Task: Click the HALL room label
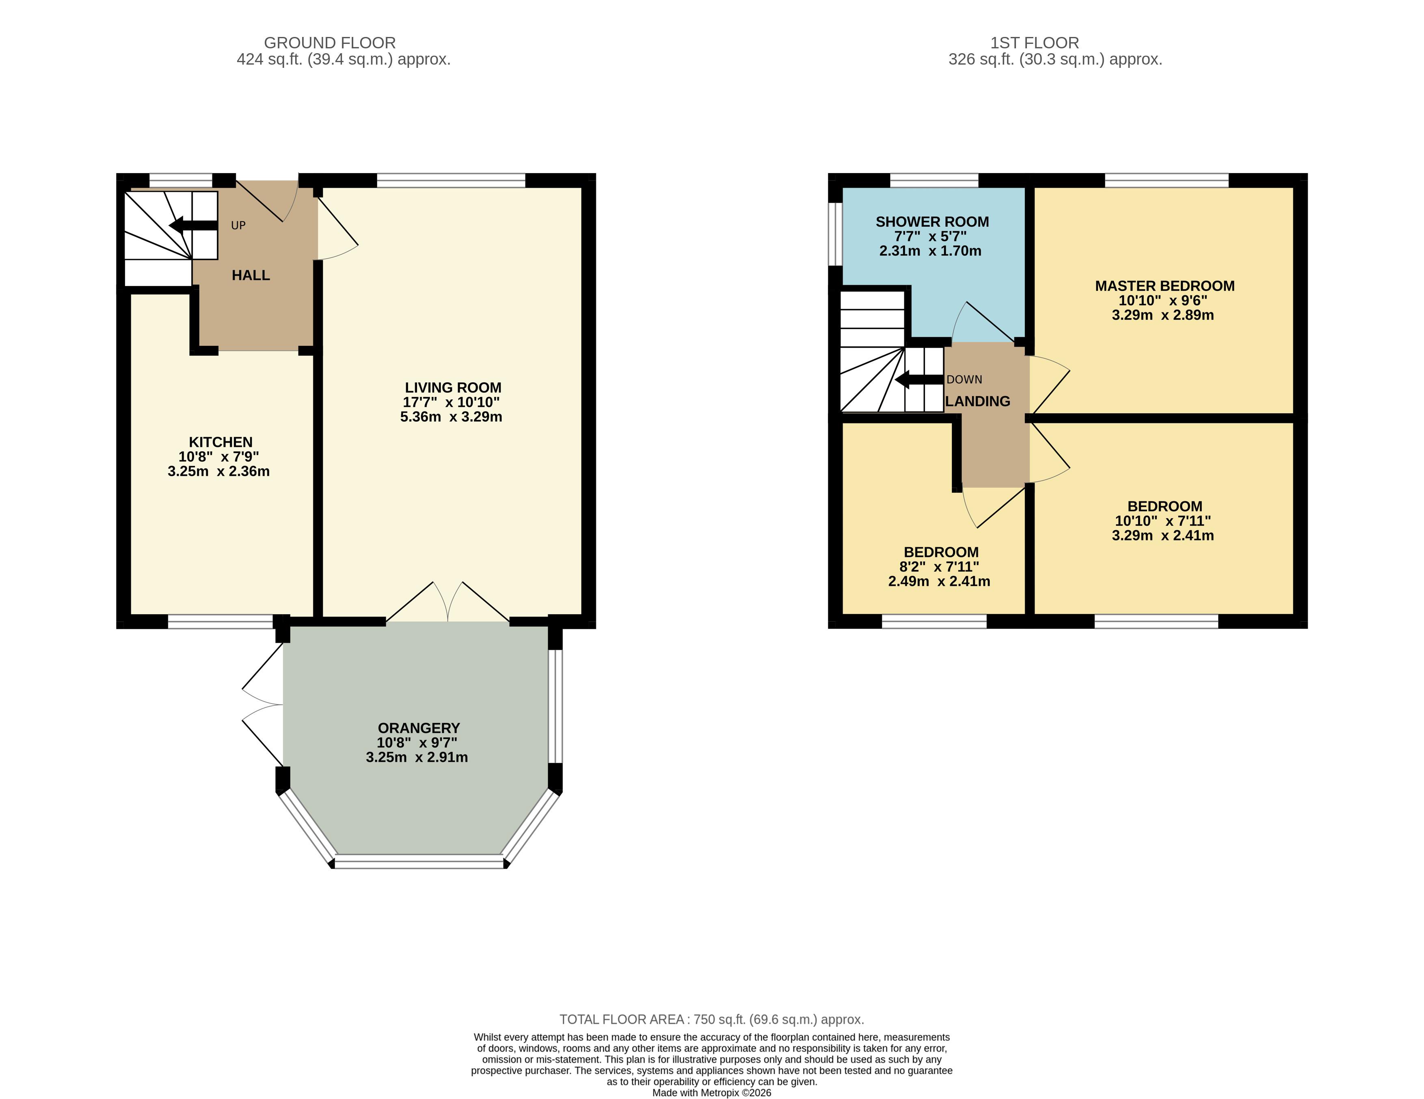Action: coord(251,275)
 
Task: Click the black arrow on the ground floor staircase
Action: coord(193,225)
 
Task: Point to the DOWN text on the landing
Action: coord(964,379)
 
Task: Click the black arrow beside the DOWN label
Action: coord(919,379)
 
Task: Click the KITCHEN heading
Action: coord(220,442)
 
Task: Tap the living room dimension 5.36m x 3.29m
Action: coord(451,417)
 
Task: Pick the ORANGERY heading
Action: coord(419,728)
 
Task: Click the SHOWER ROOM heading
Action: coord(932,222)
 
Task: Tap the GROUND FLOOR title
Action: coord(330,43)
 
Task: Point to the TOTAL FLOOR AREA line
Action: coord(712,1019)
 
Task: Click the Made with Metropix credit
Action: coord(712,1092)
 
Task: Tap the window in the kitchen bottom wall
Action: coord(220,622)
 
